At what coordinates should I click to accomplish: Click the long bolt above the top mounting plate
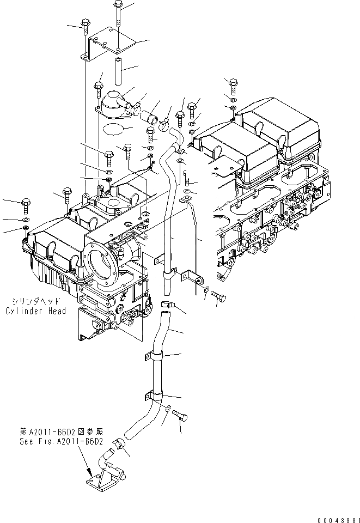[118, 15]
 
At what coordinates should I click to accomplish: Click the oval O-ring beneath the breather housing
[112, 129]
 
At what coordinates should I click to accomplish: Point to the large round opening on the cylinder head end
[101, 265]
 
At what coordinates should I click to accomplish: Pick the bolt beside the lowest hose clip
[181, 417]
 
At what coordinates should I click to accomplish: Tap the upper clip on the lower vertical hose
[154, 356]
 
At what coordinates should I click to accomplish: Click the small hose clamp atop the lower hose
[167, 307]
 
